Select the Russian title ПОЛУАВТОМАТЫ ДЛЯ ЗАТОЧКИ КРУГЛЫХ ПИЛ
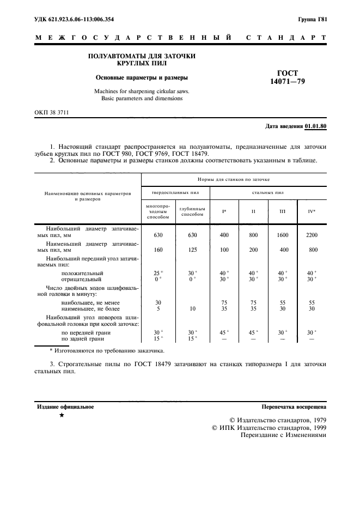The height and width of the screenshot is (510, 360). coord(142,60)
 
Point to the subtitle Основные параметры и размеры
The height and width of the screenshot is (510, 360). coord(142,77)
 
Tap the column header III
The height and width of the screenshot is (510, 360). coord(282,211)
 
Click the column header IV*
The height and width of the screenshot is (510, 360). coord(311,211)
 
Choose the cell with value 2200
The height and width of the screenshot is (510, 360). coord(311,235)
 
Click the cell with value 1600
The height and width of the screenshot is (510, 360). coord(283,235)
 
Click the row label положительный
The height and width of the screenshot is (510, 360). coord(82,272)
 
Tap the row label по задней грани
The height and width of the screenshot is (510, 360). coord(83,338)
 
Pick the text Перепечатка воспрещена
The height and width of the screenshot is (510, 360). coord(294,407)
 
